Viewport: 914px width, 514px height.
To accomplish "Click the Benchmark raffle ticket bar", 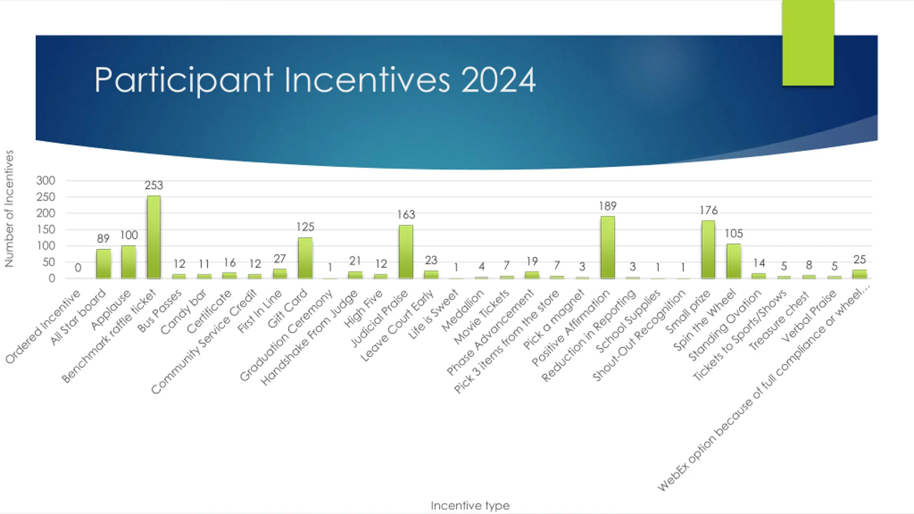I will click(x=154, y=237).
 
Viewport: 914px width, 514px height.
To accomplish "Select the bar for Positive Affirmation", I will click(x=608, y=247).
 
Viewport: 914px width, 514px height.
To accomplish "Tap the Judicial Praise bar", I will click(x=406, y=252).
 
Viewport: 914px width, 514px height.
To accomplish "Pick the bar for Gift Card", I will click(x=305, y=258).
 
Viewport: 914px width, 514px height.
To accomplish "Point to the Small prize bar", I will click(x=708, y=250).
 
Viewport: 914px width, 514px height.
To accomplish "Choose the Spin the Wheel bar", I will click(x=734, y=261).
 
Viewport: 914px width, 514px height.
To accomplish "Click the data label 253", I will click(x=154, y=185).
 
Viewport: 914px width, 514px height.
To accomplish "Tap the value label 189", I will click(x=608, y=206).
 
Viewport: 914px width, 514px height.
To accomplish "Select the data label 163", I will click(x=406, y=215).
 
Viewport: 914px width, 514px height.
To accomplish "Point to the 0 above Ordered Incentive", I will click(x=78, y=268).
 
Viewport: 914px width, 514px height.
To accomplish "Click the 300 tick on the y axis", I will click(x=46, y=181).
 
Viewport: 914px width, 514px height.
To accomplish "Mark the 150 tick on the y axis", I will click(x=46, y=230).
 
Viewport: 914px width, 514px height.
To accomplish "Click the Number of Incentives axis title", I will click(x=9, y=208).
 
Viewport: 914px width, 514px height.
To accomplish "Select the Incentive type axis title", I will click(x=470, y=505).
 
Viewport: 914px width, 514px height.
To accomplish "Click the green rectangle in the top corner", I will click(x=808, y=43).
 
